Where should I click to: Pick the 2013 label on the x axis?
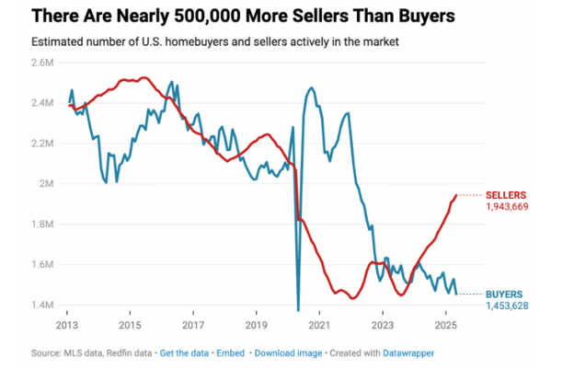pos(66,325)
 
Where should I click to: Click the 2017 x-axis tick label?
pos(192,325)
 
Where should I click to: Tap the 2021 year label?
pos(318,325)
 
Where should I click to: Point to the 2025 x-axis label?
pos(445,325)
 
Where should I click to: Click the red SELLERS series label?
pos(507,195)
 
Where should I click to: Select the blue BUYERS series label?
pos(505,294)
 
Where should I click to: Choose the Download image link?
pos(289,353)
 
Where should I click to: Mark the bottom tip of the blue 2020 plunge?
pos(298,309)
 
